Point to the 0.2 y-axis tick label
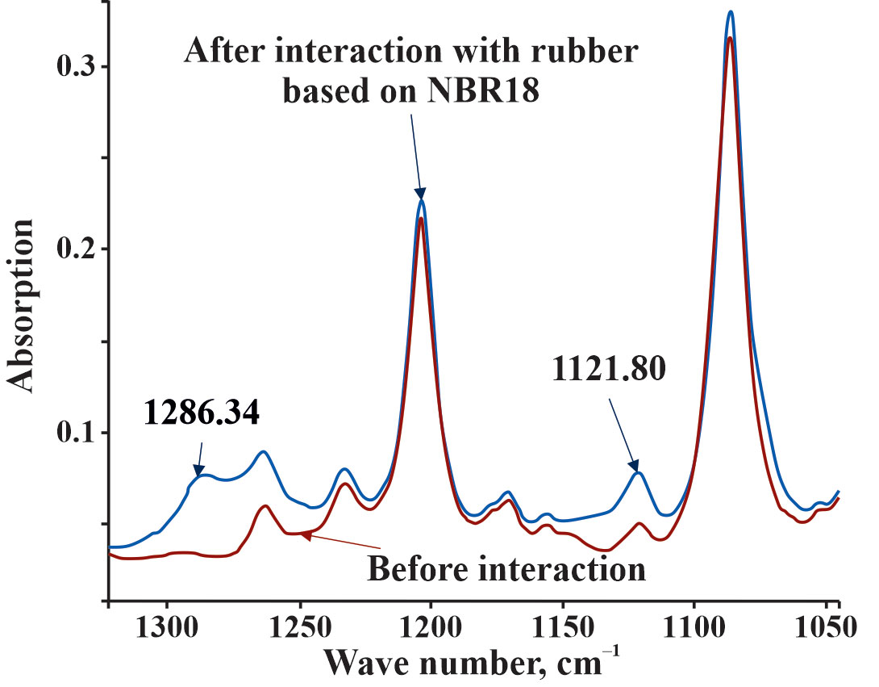74,249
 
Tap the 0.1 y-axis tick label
74,433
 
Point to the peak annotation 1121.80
609,370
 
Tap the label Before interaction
506,570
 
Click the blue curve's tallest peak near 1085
731,12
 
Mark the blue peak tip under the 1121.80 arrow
639,473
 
